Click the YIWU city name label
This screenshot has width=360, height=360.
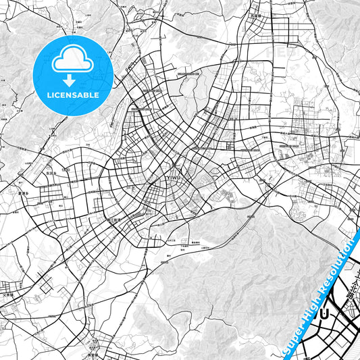[174, 178]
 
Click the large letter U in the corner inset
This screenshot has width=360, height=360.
[325, 314]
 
